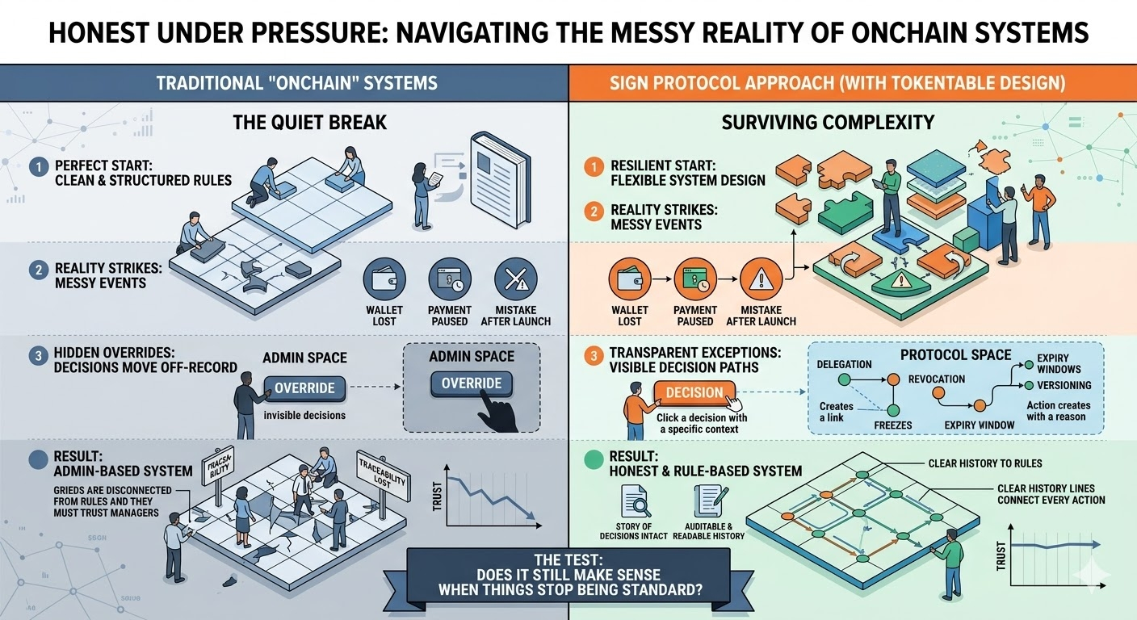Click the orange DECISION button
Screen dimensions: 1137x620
click(694, 393)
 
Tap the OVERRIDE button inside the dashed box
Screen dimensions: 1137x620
click(472, 383)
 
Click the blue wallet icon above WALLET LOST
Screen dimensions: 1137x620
click(384, 279)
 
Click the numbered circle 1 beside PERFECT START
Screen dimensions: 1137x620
click(38, 167)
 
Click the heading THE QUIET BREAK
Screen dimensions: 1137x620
click(310, 124)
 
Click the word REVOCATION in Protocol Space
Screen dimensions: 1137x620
click(937, 379)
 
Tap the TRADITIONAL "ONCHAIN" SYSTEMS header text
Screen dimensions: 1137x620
click(296, 82)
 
